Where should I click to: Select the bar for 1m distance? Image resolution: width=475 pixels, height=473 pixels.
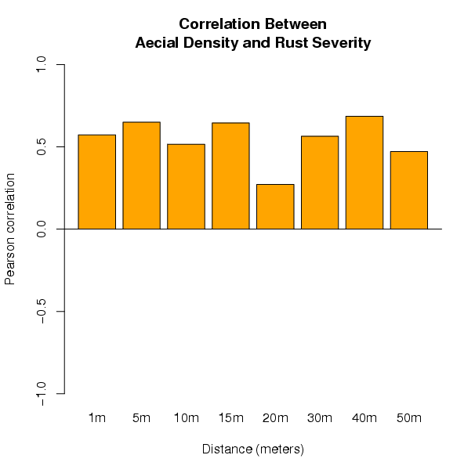97,182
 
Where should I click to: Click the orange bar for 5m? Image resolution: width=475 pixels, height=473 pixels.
141,175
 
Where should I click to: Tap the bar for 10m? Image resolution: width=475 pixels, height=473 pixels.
186,186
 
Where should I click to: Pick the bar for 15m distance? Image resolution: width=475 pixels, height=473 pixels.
230,175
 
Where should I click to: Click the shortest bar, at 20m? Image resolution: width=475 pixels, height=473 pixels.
275,206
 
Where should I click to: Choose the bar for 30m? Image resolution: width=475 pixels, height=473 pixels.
320,182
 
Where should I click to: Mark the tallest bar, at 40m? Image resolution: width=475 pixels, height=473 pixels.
364,172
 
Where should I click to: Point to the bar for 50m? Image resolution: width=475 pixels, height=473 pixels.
409,190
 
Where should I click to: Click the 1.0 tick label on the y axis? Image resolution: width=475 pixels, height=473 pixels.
42,64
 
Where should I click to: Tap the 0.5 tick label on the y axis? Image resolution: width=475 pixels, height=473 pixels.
42,146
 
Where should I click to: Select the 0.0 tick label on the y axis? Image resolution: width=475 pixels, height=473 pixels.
42,229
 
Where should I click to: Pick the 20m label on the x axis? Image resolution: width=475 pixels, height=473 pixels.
275,418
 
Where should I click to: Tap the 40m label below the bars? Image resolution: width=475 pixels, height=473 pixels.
364,418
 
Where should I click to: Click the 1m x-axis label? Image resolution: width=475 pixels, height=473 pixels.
97,418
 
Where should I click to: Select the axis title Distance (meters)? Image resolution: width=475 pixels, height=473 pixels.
252,450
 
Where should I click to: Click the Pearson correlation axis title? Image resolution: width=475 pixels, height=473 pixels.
11,229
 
